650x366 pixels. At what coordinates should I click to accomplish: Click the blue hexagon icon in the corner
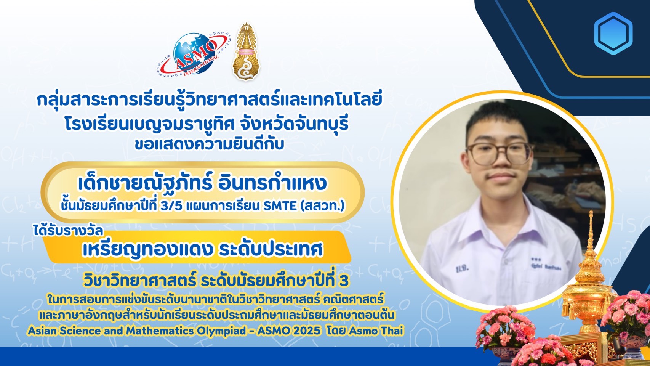click(x=613, y=34)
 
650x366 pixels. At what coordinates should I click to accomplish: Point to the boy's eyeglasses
click(x=498, y=153)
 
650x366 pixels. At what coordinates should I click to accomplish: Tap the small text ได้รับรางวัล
click(x=68, y=231)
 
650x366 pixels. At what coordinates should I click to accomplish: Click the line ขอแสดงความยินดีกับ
click(x=209, y=144)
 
